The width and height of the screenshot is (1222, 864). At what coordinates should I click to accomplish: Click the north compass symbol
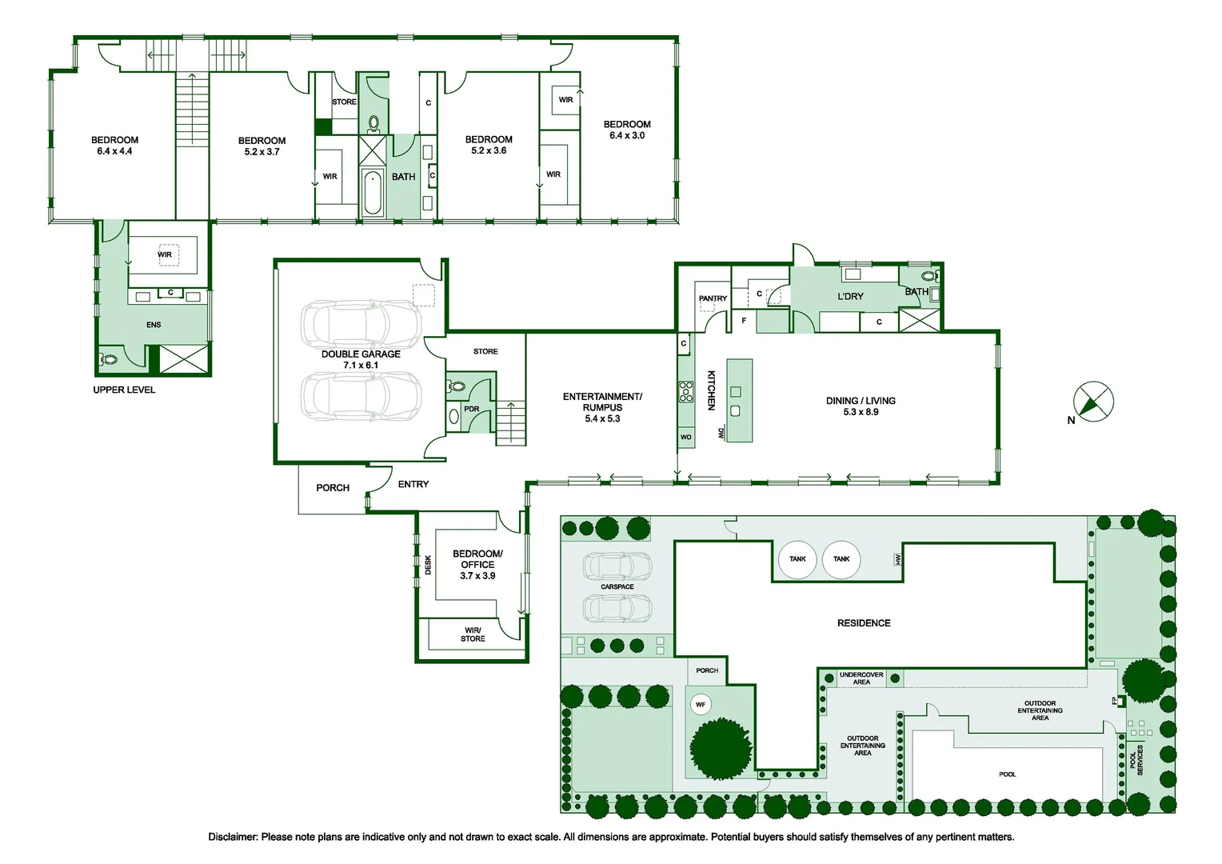[1093, 401]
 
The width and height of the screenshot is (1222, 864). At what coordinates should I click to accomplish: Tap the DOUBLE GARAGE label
[361, 354]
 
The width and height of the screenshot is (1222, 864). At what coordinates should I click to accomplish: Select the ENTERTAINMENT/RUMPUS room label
[602, 402]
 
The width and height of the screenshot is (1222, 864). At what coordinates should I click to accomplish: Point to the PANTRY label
[713, 298]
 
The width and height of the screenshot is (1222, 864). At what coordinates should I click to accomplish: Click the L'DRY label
[850, 296]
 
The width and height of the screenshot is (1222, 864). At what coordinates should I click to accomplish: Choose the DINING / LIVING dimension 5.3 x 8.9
[861, 412]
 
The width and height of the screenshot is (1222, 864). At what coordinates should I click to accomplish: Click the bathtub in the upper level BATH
[373, 193]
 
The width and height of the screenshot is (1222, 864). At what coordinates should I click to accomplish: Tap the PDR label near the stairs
[471, 409]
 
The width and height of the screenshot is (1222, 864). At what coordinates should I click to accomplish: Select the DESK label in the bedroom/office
[428, 565]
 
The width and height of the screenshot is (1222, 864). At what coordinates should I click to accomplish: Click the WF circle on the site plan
[701, 705]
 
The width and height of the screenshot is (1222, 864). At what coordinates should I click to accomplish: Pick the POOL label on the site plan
[1007, 774]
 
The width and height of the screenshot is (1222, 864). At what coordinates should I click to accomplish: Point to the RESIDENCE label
[864, 622]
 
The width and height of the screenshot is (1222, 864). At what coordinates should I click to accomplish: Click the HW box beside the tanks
[897, 559]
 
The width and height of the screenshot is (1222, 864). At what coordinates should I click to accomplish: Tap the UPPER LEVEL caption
[124, 390]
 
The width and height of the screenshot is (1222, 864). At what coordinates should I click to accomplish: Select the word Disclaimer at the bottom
[233, 837]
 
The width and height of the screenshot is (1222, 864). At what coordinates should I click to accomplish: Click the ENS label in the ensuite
[154, 325]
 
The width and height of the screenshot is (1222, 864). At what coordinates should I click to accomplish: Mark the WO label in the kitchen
[685, 437]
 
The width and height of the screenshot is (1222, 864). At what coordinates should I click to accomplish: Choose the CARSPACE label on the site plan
[617, 586]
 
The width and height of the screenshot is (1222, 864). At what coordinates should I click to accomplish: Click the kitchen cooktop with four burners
[685, 392]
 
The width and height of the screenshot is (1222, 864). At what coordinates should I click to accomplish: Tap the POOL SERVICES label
[1136, 760]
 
